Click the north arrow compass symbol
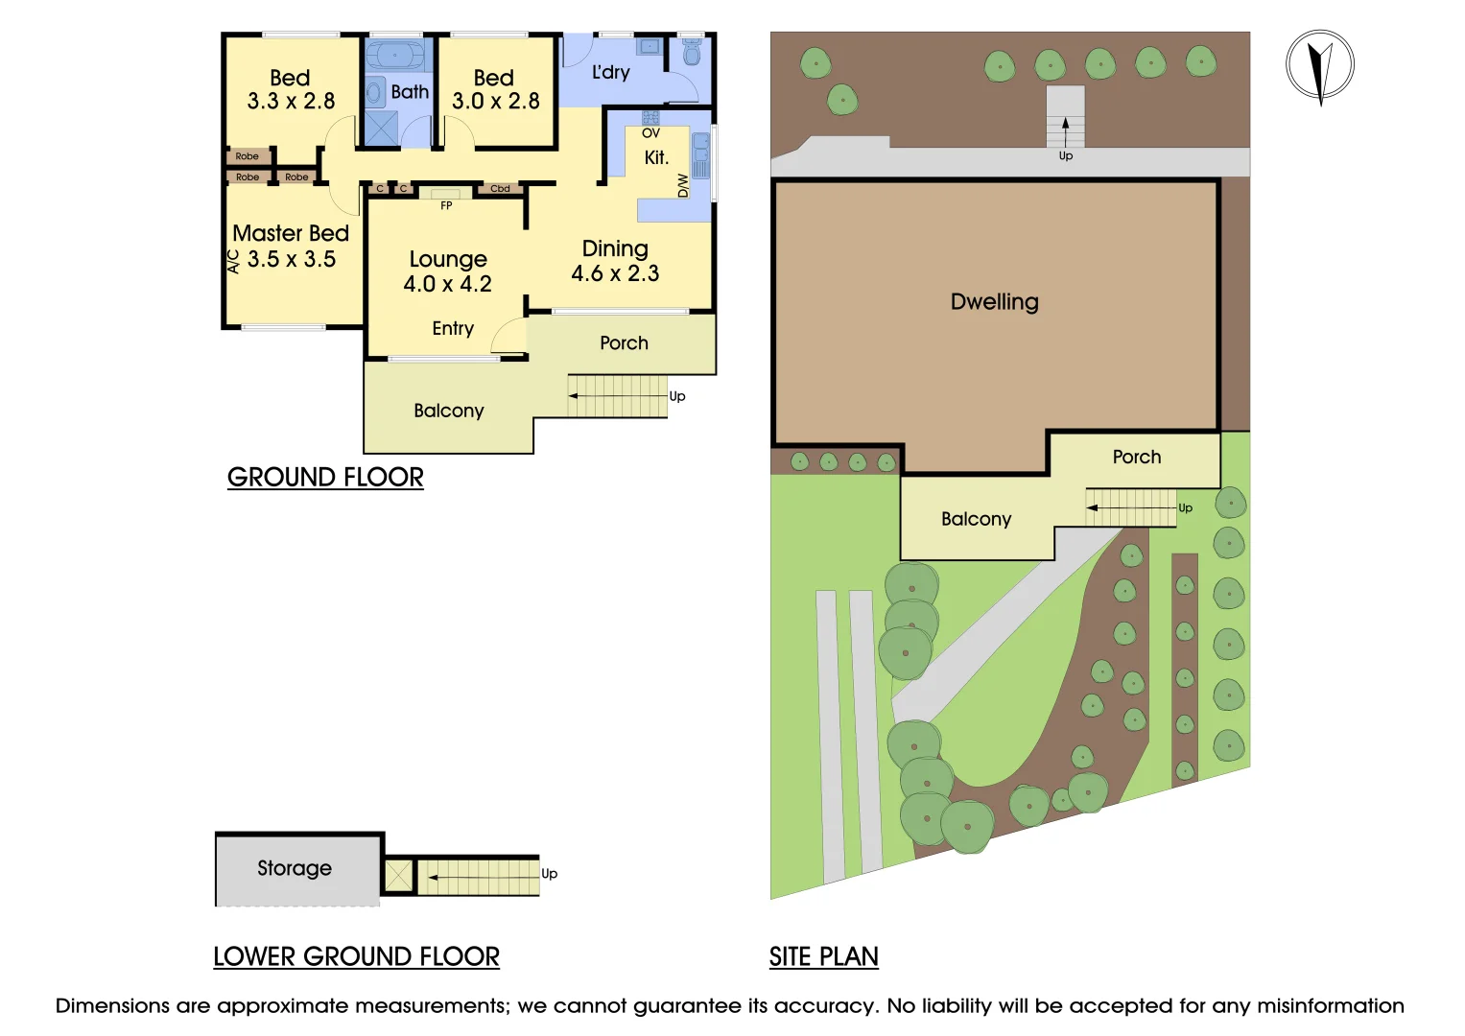pos(1319,65)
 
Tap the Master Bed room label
pos(291,234)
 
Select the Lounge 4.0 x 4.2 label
pos(447,271)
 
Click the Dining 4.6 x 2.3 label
pos(615,261)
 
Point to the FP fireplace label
pos(446,205)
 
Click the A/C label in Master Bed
pos(233,261)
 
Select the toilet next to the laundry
pos(692,52)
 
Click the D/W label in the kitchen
pos(683,185)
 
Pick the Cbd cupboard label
pos(500,189)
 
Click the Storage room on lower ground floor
pos(295,868)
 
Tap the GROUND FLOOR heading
pos(325,477)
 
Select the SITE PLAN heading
pos(823,956)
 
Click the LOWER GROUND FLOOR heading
pos(356,956)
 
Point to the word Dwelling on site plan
pos(994,302)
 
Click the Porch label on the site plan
pos(1136,458)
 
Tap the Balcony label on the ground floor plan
pos(448,411)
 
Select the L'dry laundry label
pos(610,72)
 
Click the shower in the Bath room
pos(381,129)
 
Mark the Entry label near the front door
pos(453,329)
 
